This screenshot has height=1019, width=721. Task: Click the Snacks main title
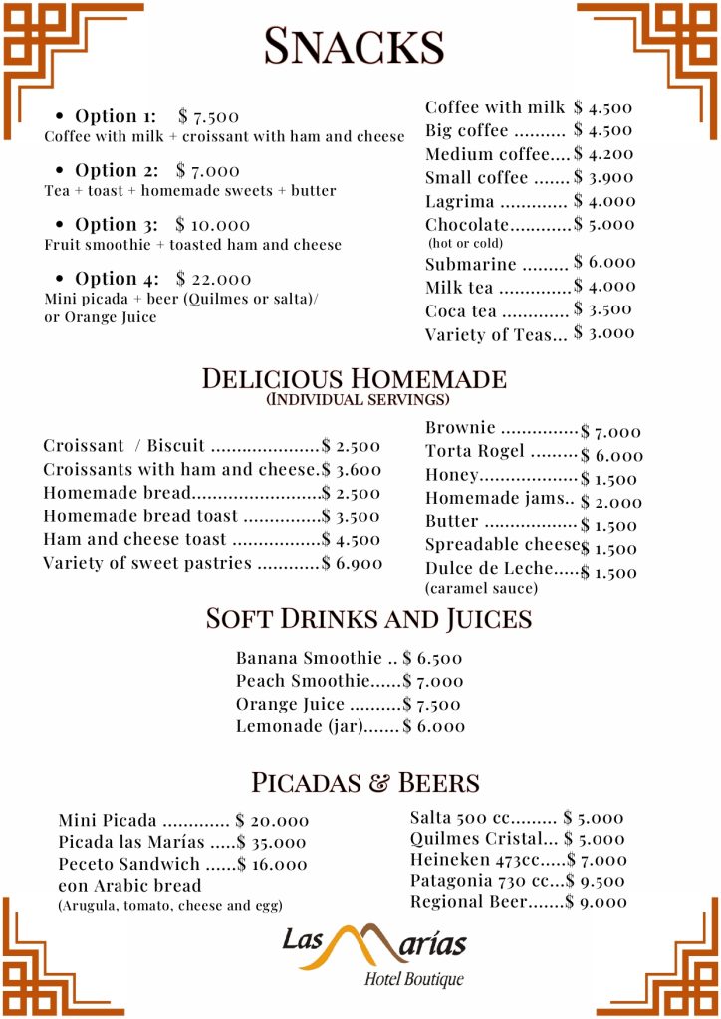(354, 46)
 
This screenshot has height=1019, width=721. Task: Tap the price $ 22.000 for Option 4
(213, 279)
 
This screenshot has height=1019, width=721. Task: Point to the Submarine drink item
(471, 264)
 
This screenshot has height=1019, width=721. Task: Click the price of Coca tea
(602, 309)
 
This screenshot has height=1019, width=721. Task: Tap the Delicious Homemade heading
(354, 378)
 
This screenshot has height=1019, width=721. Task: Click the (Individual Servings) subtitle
(358, 400)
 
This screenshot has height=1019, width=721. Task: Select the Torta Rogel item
(475, 451)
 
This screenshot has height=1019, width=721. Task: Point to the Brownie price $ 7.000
(611, 432)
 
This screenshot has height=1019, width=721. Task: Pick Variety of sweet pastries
(147, 564)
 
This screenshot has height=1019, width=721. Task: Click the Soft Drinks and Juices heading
(368, 618)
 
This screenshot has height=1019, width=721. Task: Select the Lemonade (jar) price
(434, 727)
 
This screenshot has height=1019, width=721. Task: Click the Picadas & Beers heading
(365, 782)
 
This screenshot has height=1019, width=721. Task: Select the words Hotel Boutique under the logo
(413, 980)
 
